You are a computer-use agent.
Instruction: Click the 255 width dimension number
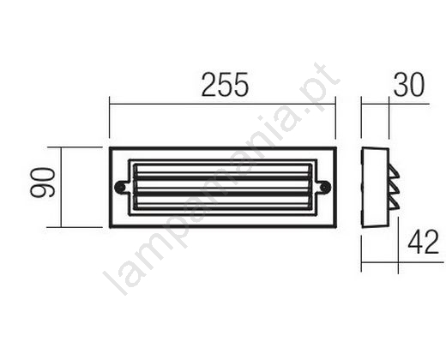point(225,85)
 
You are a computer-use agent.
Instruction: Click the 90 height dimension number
point(43,183)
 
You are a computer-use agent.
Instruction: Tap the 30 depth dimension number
point(409,85)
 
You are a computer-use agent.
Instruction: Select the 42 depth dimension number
point(424,242)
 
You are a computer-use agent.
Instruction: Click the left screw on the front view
point(119,187)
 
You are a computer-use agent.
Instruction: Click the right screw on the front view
point(325,187)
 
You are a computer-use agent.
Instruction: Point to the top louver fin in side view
point(395,173)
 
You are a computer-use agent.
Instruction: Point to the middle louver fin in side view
point(395,189)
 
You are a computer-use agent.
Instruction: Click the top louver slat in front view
point(222,169)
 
